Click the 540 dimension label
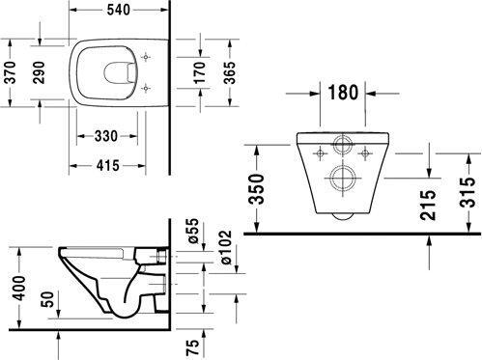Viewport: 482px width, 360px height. (x=118, y=10)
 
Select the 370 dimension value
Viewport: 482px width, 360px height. (x=11, y=72)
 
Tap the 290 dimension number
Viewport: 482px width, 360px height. (x=40, y=72)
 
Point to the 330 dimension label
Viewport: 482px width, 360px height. (x=106, y=136)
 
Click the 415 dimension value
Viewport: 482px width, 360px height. (x=108, y=166)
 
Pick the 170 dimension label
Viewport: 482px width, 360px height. (x=200, y=72)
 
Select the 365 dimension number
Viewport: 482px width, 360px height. (x=230, y=72)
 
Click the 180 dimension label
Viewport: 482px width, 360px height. (x=343, y=93)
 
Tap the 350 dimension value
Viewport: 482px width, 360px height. (x=257, y=189)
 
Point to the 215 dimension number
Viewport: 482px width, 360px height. (x=428, y=206)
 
